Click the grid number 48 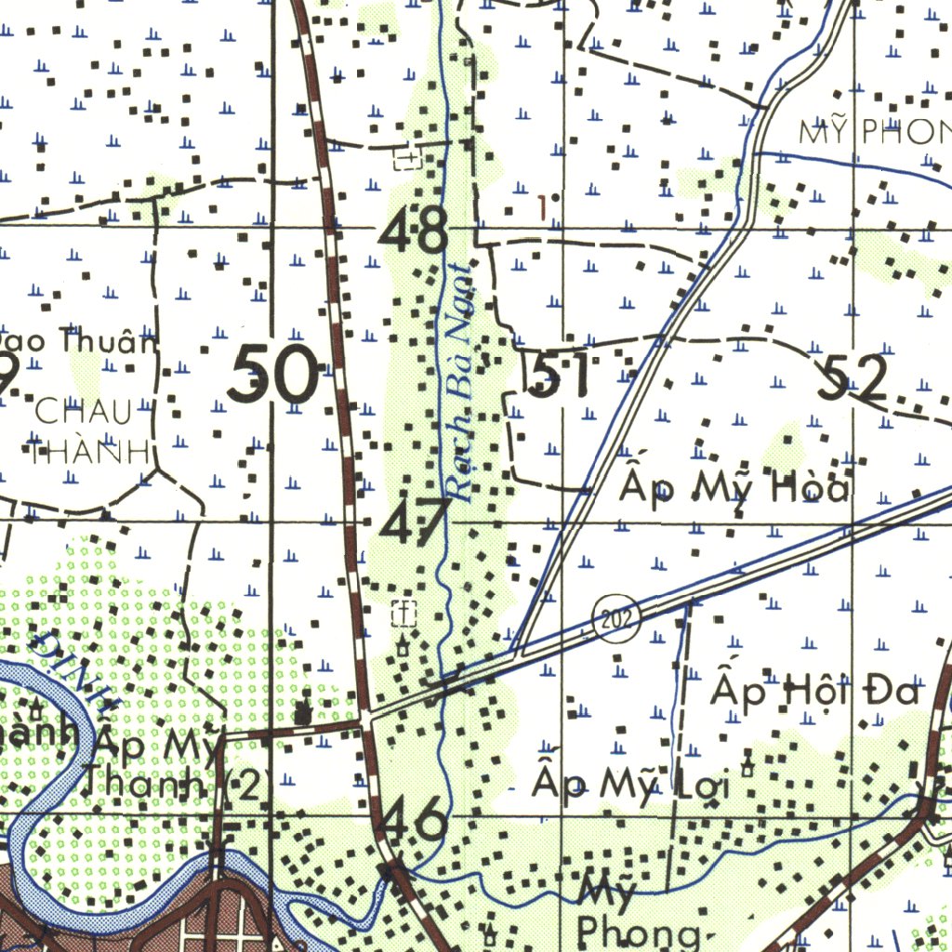(x=415, y=230)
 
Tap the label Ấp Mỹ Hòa (x=735, y=485)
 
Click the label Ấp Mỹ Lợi (x=631, y=783)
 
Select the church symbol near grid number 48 (x=407, y=158)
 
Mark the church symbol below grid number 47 (x=403, y=613)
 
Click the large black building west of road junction (x=303, y=714)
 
